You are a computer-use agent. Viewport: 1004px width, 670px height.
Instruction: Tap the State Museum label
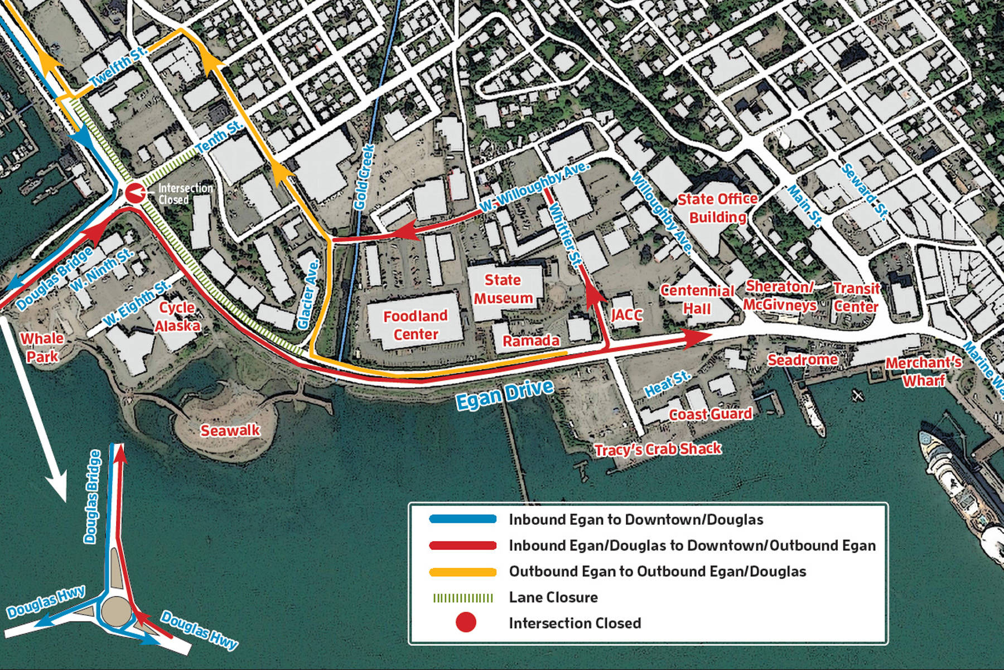pos(503,289)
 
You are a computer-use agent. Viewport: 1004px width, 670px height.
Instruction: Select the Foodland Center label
pos(416,325)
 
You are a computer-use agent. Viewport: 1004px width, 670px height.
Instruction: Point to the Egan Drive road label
pos(505,394)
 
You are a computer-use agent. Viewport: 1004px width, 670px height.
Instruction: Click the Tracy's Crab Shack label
pos(658,449)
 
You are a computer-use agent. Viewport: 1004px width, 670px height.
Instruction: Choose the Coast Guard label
pos(710,414)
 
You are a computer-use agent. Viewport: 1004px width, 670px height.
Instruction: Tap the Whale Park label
pos(42,347)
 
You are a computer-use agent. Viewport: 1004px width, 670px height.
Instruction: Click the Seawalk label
pos(230,430)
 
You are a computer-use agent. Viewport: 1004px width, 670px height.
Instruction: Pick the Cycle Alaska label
pos(177,317)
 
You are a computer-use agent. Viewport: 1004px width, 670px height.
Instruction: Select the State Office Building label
pos(718,208)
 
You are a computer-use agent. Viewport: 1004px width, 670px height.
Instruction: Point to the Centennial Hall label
pos(697,299)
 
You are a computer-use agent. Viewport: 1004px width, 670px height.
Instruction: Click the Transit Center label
pos(856,297)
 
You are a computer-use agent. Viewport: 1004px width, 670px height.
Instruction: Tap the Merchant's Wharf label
pos(924,371)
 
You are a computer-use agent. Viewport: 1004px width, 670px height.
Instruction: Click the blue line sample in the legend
pos(462,519)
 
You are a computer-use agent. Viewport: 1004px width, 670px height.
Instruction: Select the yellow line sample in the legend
pos(462,572)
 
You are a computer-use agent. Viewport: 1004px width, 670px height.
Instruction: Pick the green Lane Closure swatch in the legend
pos(462,598)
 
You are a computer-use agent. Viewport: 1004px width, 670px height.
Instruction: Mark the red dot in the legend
pos(466,623)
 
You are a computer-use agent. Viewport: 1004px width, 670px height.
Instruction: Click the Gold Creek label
pos(364,178)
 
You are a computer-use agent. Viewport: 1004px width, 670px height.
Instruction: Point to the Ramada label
pos(531,341)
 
